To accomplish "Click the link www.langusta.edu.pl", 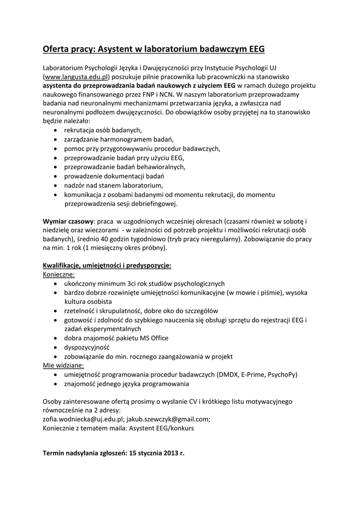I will pos(76,77).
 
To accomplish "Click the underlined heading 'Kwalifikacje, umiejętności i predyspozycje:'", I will pos(107,265).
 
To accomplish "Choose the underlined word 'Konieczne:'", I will pos(59,274).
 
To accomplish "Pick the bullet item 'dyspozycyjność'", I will pos(86,347).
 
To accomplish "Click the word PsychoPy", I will pos(282,375).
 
